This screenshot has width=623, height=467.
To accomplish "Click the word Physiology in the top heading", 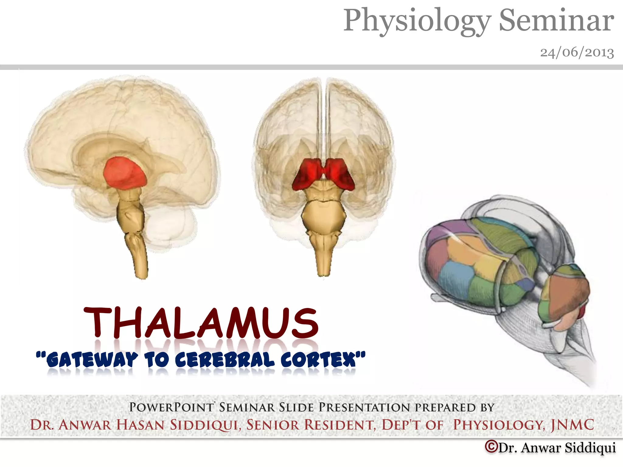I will [x=417, y=21].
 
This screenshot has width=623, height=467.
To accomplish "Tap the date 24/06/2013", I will [x=577, y=52].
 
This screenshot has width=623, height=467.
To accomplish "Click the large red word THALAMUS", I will [x=201, y=323].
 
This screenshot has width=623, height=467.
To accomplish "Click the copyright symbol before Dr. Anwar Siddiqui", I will [x=491, y=447].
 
